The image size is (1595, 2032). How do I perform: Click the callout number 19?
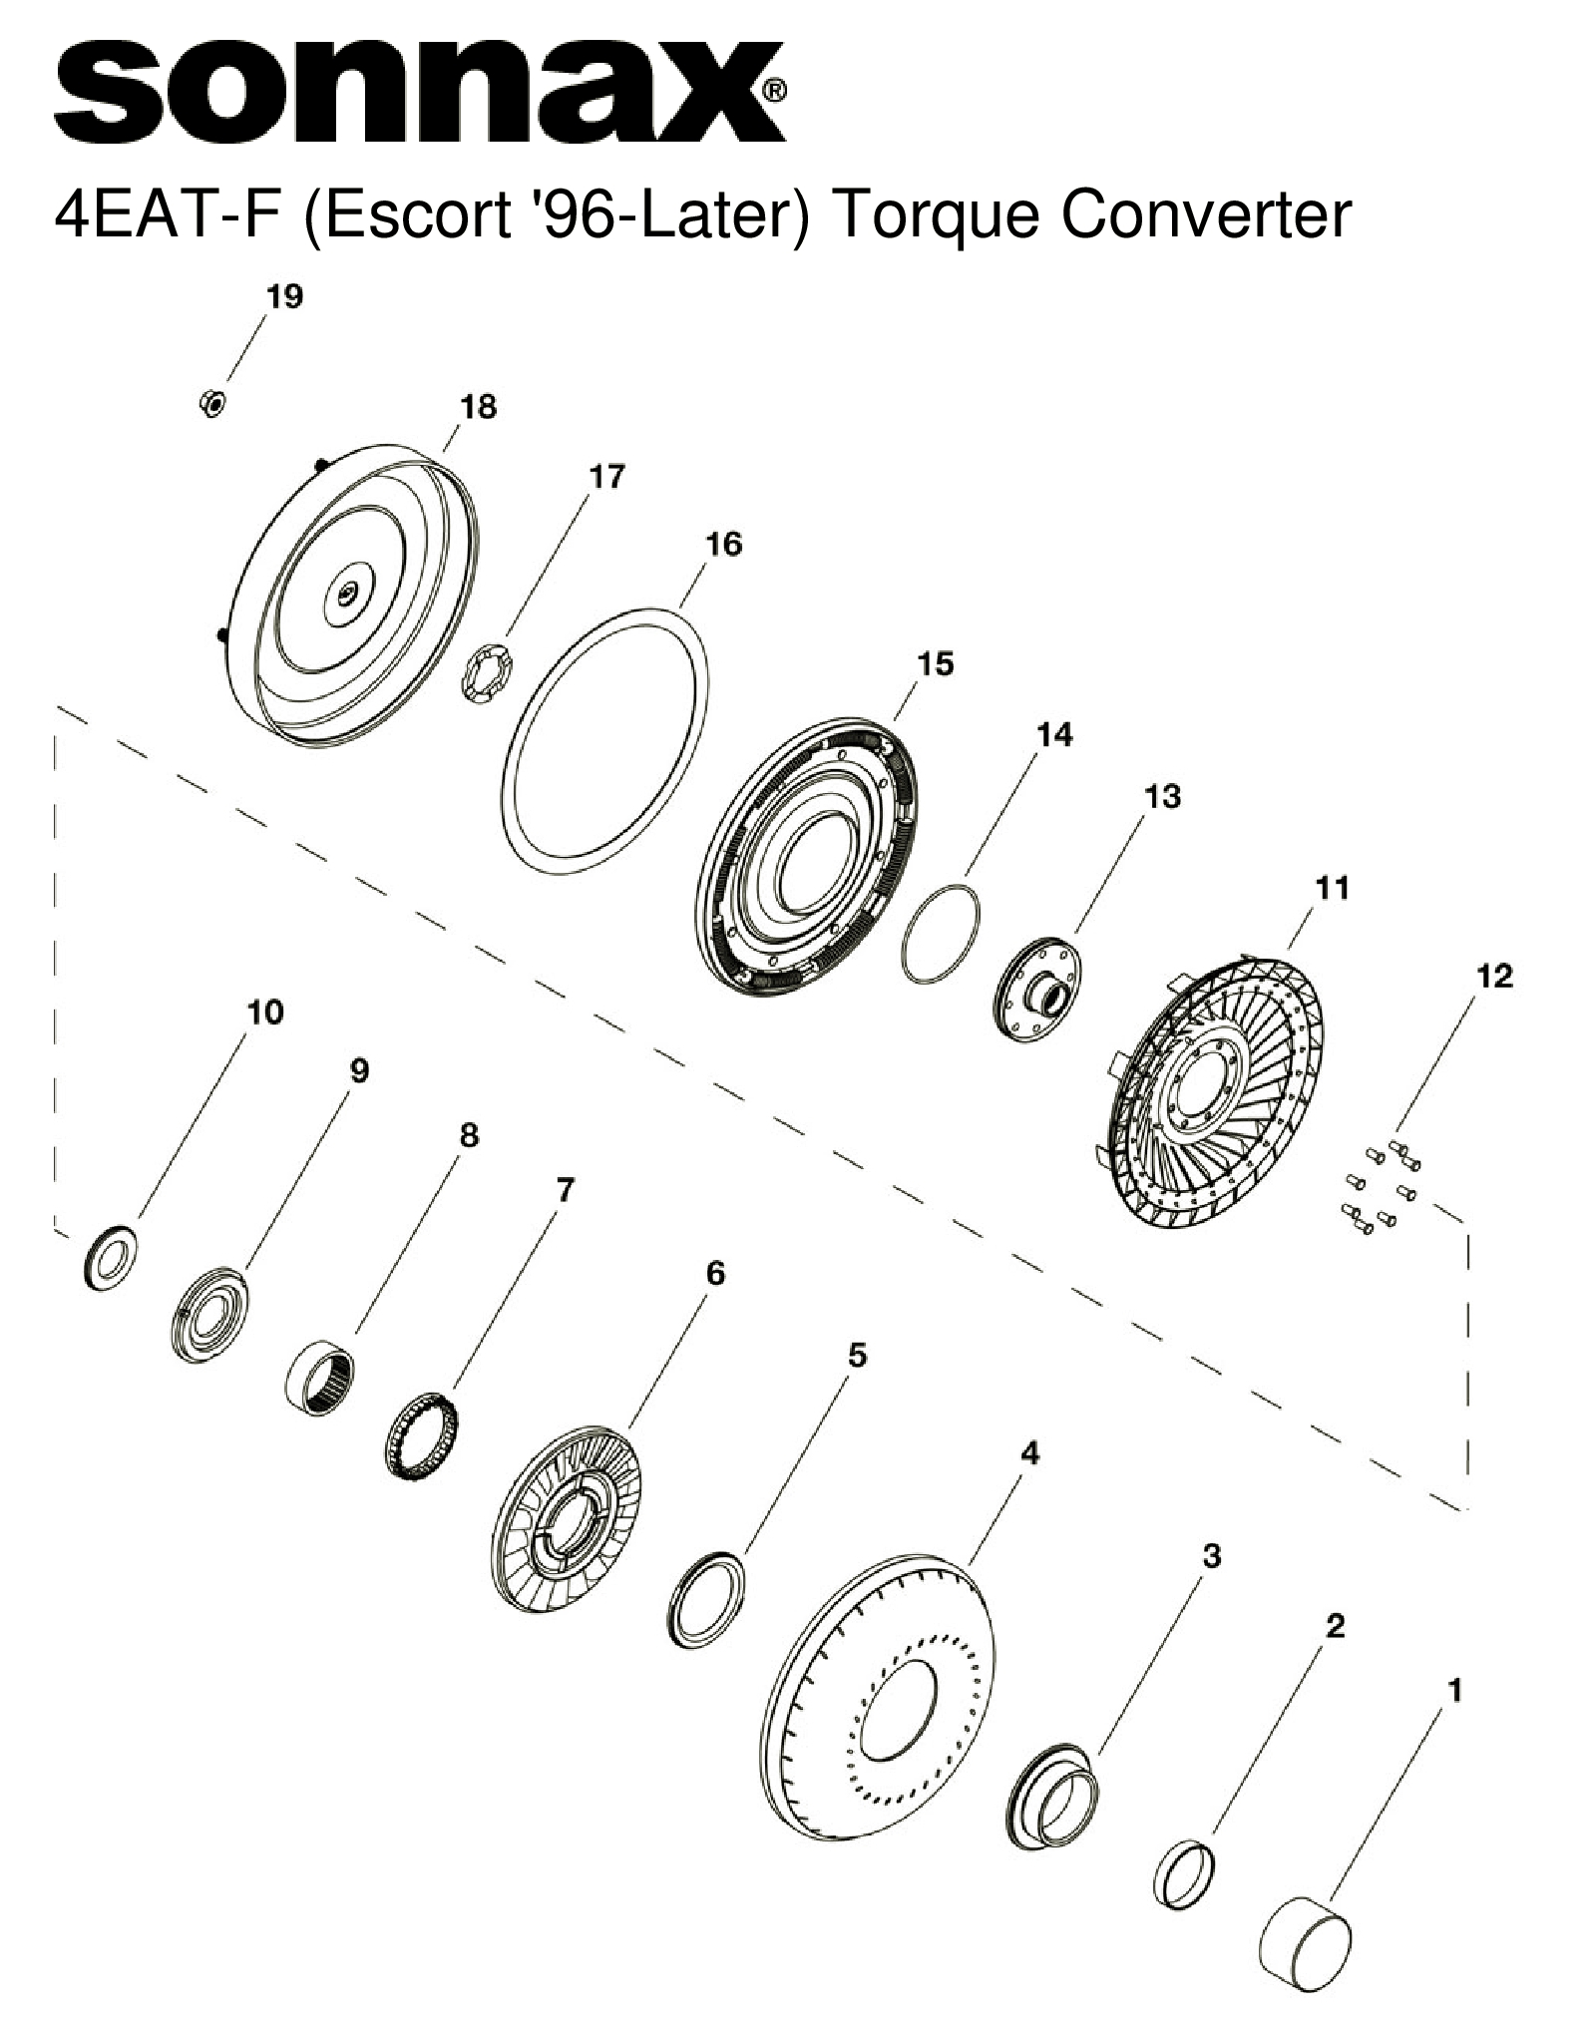tap(284, 296)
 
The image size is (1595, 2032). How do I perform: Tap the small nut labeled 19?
tap(211, 403)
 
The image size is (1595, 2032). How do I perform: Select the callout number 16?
tap(723, 544)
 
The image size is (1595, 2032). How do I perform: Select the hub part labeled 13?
tap(1040, 991)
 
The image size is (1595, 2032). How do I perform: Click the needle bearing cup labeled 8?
tap(321, 1374)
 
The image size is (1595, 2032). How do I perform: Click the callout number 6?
tap(715, 1273)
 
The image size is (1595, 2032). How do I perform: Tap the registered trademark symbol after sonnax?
tap(774, 91)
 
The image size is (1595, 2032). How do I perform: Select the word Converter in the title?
tap(1206, 213)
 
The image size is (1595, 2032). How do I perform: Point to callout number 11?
tap(1333, 888)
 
